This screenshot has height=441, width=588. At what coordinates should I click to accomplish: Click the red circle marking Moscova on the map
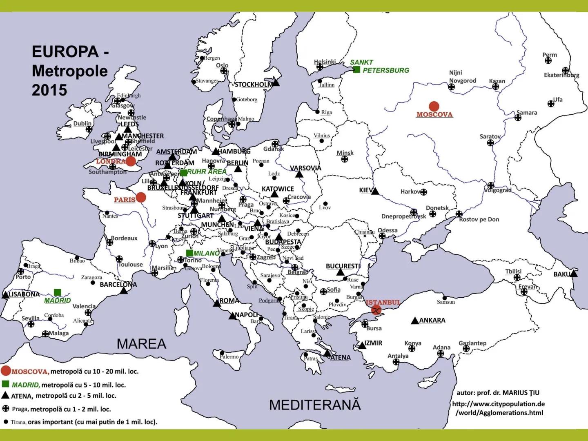(x=434, y=106)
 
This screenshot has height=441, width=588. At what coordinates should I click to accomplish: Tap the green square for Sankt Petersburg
(x=356, y=70)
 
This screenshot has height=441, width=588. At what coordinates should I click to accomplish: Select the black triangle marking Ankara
(x=415, y=321)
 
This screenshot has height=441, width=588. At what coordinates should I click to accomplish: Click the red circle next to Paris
(x=141, y=198)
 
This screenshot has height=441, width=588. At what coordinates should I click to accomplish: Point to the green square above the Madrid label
(x=58, y=292)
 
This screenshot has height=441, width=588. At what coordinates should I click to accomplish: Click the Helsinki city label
(x=325, y=62)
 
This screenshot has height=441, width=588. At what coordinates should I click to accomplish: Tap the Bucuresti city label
(x=343, y=266)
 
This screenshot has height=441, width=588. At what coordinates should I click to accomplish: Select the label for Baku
(x=561, y=274)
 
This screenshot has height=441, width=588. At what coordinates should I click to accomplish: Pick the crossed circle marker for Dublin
(x=89, y=129)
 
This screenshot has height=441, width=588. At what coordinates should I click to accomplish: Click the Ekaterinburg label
(x=561, y=75)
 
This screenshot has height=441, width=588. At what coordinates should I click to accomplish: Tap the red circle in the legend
(x=6, y=371)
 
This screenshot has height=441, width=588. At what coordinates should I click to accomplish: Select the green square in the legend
(x=6, y=384)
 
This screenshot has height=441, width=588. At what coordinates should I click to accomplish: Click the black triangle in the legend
(x=5, y=395)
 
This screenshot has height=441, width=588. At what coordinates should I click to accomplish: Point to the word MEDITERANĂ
(x=315, y=405)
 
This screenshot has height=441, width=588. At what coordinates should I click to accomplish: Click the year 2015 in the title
(x=49, y=90)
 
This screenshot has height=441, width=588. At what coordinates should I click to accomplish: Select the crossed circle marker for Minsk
(x=345, y=159)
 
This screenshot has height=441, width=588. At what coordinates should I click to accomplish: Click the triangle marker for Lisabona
(x=6, y=295)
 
